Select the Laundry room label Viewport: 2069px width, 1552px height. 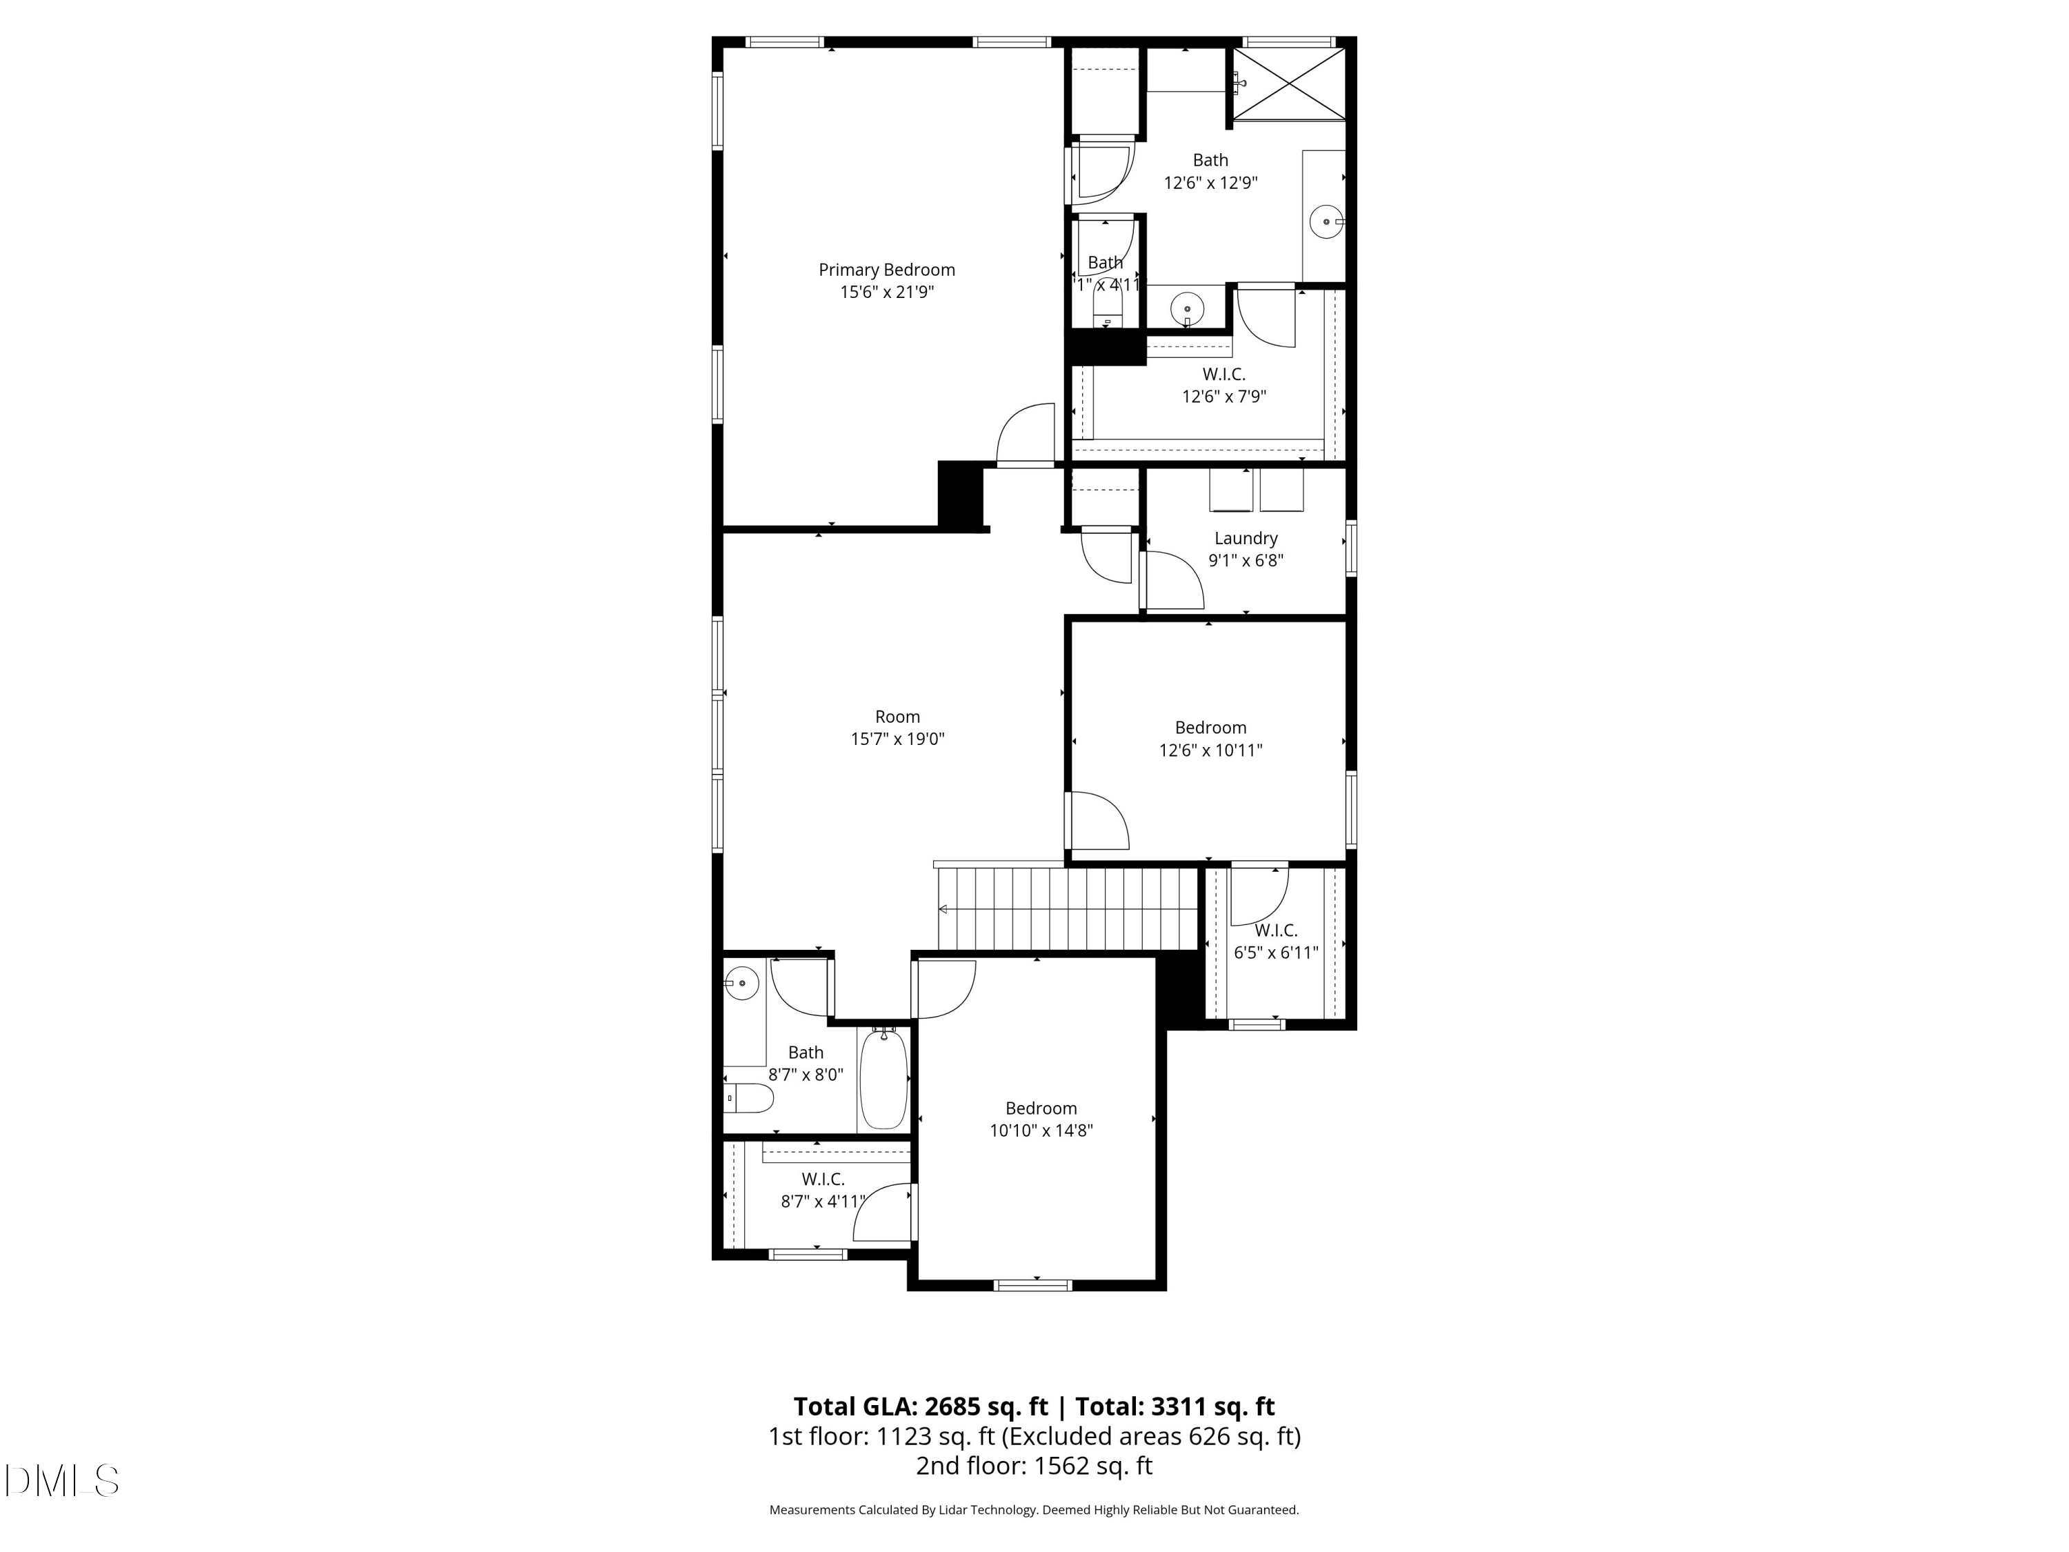(1245, 539)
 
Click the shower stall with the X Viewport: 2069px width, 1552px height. (1289, 84)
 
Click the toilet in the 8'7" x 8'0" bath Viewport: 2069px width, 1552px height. (749, 1098)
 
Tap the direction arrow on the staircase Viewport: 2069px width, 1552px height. (943, 909)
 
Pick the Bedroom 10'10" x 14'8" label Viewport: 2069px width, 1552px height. (1040, 1108)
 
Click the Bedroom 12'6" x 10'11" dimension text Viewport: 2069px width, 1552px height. (1210, 750)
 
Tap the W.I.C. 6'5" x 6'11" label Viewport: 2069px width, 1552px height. (1276, 931)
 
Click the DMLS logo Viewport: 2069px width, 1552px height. (62, 1481)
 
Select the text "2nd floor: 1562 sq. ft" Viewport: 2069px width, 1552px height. (1034, 1466)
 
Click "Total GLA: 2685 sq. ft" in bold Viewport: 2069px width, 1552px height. (921, 1407)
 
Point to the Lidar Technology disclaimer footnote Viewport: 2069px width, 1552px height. (1034, 1510)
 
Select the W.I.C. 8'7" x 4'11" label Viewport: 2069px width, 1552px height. (822, 1181)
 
